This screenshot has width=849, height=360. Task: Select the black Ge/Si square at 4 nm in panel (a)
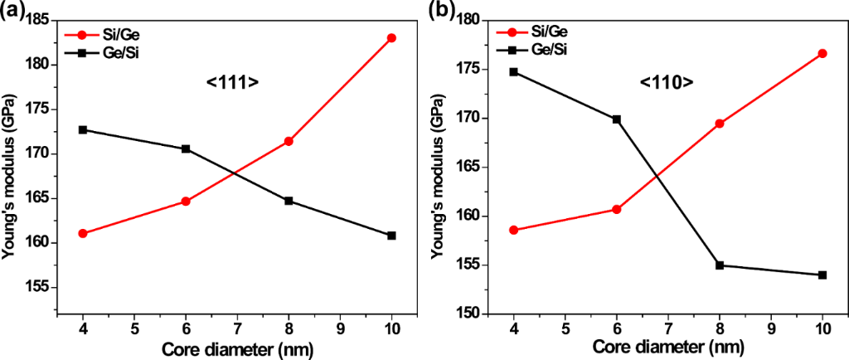(x=83, y=129)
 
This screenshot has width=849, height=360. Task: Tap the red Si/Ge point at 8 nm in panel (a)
(x=289, y=141)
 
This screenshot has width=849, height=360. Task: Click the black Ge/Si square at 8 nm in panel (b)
(x=720, y=265)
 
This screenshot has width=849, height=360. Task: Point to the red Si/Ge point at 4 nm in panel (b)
(x=514, y=230)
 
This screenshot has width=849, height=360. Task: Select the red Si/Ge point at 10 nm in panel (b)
(x=822, y=53)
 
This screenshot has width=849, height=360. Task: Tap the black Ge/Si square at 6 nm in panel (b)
(x=617, y=119)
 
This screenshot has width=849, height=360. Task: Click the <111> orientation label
(x=233, y=82)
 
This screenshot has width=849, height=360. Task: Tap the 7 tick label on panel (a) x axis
(x=237, y=328)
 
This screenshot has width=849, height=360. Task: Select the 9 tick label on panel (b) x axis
(x=771, y=328)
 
